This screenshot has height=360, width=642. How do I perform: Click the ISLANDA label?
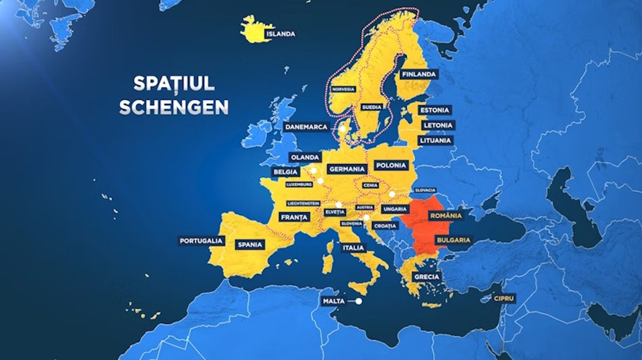[281, 34]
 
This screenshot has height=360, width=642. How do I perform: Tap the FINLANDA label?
[419, 74]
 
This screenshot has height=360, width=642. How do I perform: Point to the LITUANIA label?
[435, 140]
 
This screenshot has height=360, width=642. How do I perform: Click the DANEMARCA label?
[307, 127]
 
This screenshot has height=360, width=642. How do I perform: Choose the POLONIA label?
[391, 165]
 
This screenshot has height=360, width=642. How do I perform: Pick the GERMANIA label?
[347, 169]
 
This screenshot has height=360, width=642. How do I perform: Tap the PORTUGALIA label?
[201, 241]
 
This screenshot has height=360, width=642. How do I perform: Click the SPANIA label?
[250, 245]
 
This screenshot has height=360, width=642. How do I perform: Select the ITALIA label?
[353, 248]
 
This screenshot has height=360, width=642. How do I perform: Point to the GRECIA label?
[426, 276]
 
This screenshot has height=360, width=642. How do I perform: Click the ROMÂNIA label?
[445, 216]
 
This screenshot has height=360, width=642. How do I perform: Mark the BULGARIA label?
[452, 240]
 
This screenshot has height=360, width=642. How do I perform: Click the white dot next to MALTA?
[359, 301]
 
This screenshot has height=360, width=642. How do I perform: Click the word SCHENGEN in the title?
[174, 107]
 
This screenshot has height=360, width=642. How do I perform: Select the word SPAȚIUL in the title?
[174, 83]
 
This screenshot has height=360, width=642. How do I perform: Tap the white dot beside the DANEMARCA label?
[342, 129]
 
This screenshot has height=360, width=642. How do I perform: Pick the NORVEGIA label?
[343, 89]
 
